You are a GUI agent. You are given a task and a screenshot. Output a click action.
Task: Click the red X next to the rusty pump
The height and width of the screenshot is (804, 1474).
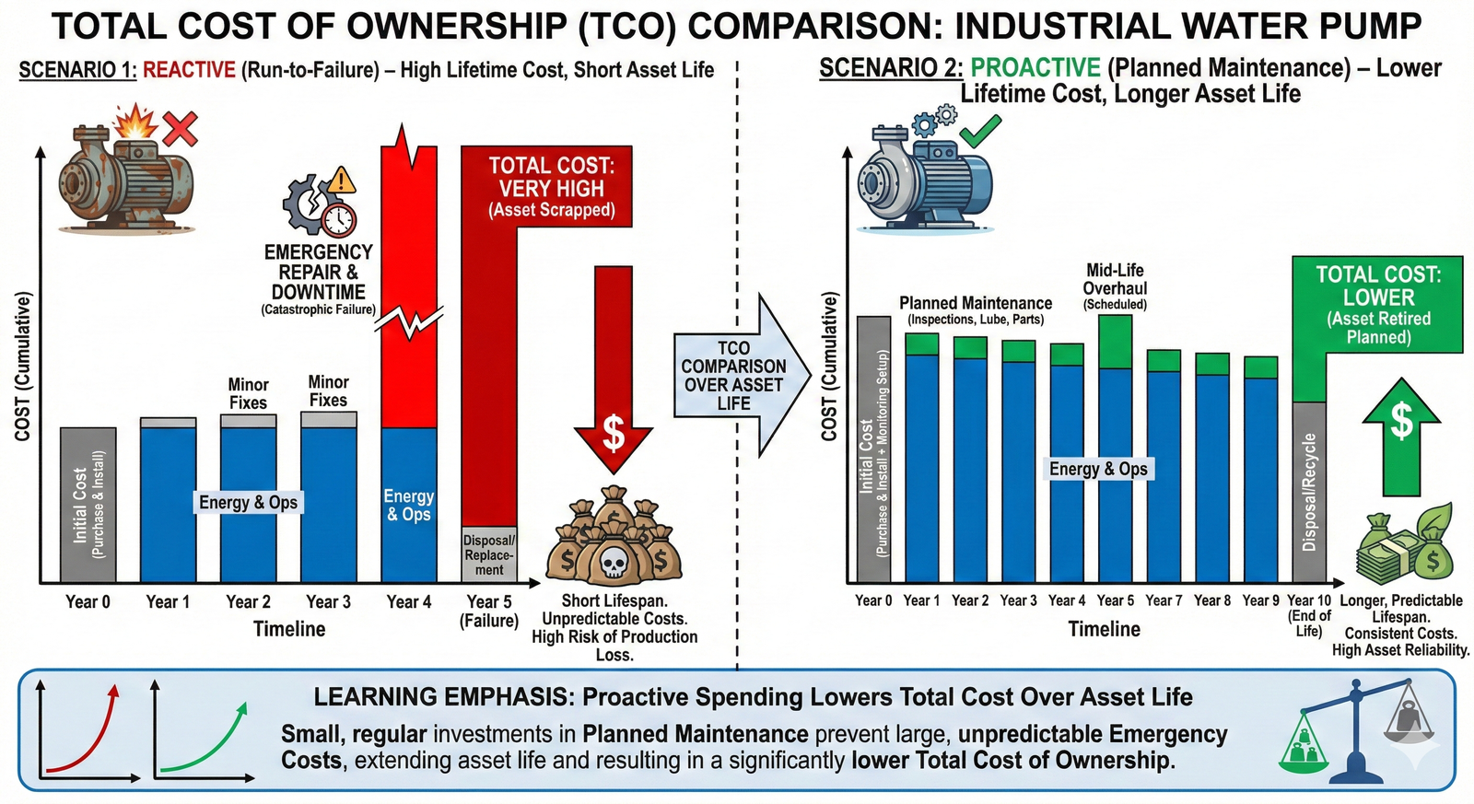click(x=180, y=129)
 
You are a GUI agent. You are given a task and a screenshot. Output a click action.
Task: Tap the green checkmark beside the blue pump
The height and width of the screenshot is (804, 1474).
click(x=980, y=132)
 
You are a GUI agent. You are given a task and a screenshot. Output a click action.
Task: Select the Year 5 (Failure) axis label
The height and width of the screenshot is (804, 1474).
click(x=489, y=611)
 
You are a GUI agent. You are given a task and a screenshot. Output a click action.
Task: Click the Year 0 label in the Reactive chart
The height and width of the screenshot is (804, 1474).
click(x=88, y=601)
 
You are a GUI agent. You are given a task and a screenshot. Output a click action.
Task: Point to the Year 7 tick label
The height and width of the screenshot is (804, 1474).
click(x=1164, y=600)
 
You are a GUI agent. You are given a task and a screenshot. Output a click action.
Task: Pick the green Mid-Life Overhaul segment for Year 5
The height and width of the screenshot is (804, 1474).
click(x=1115, y=342)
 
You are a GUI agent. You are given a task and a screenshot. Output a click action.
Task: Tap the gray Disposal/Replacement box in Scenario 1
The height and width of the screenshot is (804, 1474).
click(x=489, y=555)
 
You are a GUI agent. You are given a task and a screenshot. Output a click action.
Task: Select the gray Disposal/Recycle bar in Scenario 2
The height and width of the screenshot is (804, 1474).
click(x=1309, y=492)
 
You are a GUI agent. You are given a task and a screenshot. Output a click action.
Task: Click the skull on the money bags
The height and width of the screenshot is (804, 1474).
click(x=614, y=559)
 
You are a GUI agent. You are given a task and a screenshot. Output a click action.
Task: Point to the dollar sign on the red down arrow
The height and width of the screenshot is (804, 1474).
click(x=614, y=433)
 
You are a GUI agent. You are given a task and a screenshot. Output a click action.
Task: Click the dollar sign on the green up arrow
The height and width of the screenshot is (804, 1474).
click(x=1401, y=421)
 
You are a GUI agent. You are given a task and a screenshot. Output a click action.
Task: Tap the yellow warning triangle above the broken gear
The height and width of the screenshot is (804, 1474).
click(x=342, y=180)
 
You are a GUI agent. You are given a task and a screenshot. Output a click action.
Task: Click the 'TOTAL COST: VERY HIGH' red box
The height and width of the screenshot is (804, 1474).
click(x=551, y=188)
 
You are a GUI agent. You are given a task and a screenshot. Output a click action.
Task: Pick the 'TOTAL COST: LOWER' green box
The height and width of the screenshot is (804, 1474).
click(x=1377, y=304)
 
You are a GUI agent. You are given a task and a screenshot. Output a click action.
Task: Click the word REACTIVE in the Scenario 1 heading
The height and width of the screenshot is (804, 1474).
click(x=190, y=70)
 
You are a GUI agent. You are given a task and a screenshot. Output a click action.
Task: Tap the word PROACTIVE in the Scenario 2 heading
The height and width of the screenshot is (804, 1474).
click(x=1035, y=68)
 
